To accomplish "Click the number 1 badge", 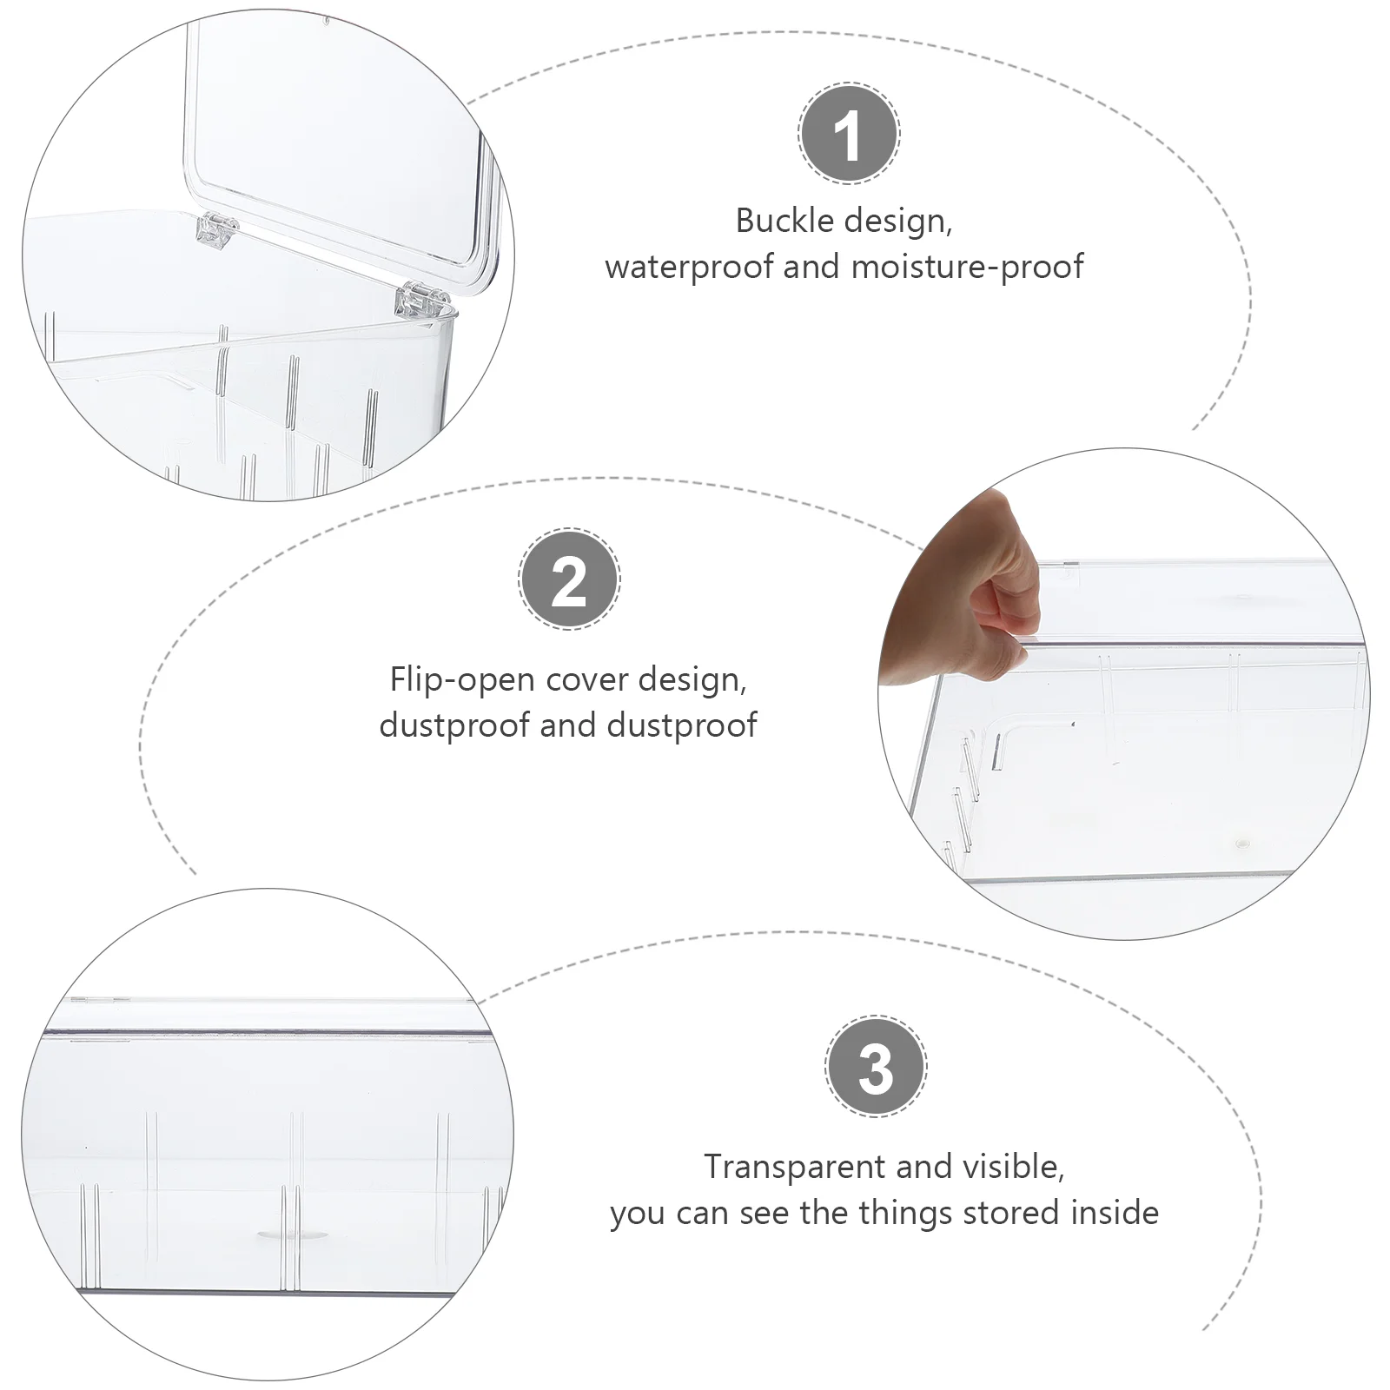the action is coord(849,133).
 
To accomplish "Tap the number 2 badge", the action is coord(569,579).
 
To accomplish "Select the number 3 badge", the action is coord(876,1066).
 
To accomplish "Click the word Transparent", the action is coord(795,1167).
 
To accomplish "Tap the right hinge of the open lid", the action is coord(423,300).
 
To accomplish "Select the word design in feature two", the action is coord(692,680).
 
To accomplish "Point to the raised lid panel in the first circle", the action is coord(340,139).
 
